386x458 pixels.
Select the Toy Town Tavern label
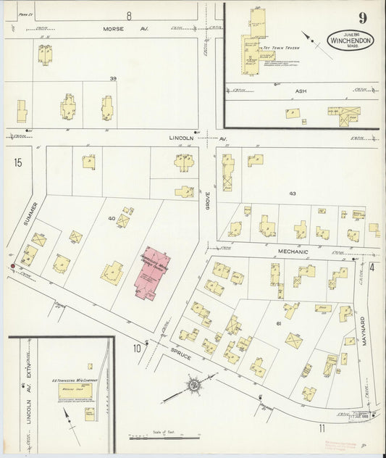tap(281, 46)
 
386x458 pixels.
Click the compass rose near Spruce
tap(193, 384)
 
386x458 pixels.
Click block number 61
tap(278, 323)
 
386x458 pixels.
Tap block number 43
tap(292, 194)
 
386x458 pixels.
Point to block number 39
tap(112, 78)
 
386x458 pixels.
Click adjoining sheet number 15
tap(17, 162)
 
